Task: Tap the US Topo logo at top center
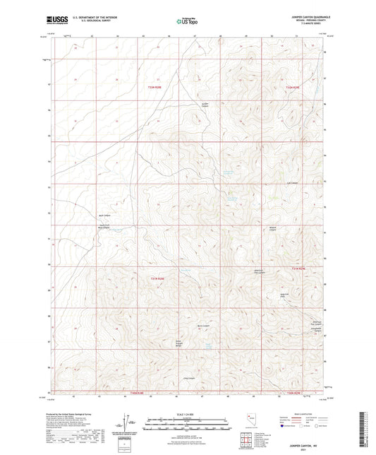point(187,21)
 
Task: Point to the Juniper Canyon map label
point(206,105)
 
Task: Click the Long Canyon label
point(188,378)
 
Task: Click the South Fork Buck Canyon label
point(104,227)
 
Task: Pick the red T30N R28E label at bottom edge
point(137,392)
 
